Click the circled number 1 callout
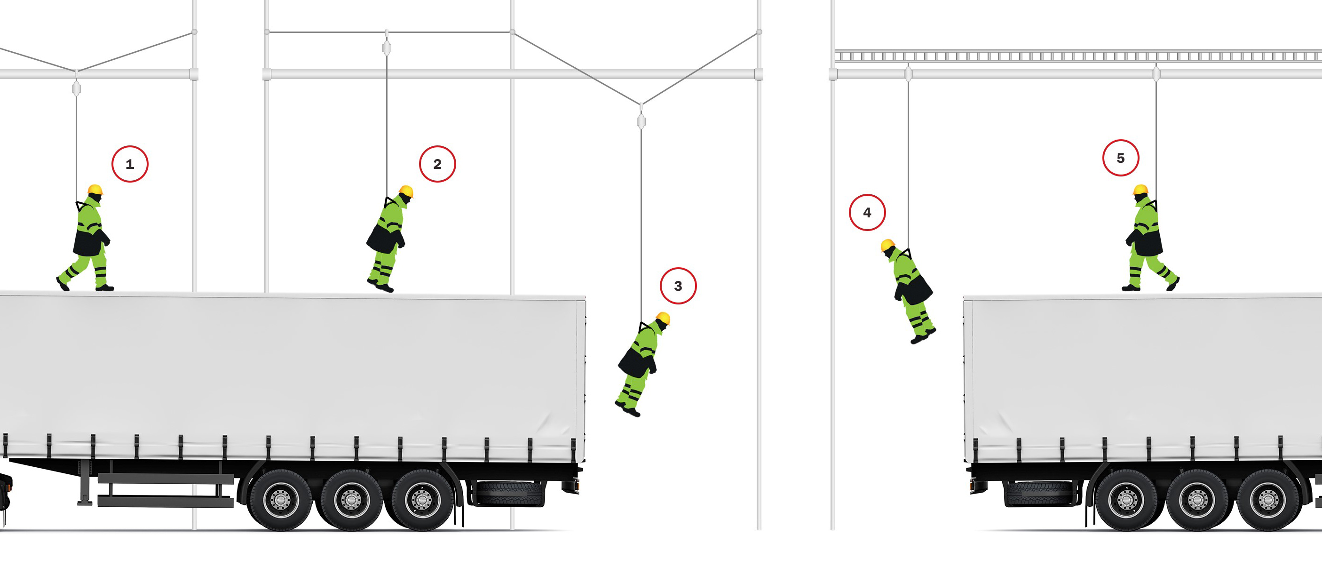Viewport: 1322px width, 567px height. click(130, 164)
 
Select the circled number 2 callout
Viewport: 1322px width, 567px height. click(437, 164)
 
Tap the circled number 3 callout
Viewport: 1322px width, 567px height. click(678, 286)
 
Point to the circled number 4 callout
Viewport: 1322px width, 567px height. click(867, 212)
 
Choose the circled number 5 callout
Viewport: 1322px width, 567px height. click(1121, 158)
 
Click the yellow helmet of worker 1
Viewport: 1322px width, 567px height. click(95, 190)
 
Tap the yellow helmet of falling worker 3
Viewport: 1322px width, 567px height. click(663, 318)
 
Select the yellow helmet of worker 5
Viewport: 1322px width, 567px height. click(1140, 190)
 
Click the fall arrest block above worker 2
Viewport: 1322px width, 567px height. click(387, 48)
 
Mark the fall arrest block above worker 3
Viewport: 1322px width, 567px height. click(641, 121)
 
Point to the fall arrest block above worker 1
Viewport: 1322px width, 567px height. click(77, 89)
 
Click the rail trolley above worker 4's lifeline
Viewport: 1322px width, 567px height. click(908, 73)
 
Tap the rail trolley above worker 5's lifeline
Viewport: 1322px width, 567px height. click(1156, 73)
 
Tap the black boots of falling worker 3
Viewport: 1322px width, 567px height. click(628, 409)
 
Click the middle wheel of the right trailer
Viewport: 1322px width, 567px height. click(1197, 499)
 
